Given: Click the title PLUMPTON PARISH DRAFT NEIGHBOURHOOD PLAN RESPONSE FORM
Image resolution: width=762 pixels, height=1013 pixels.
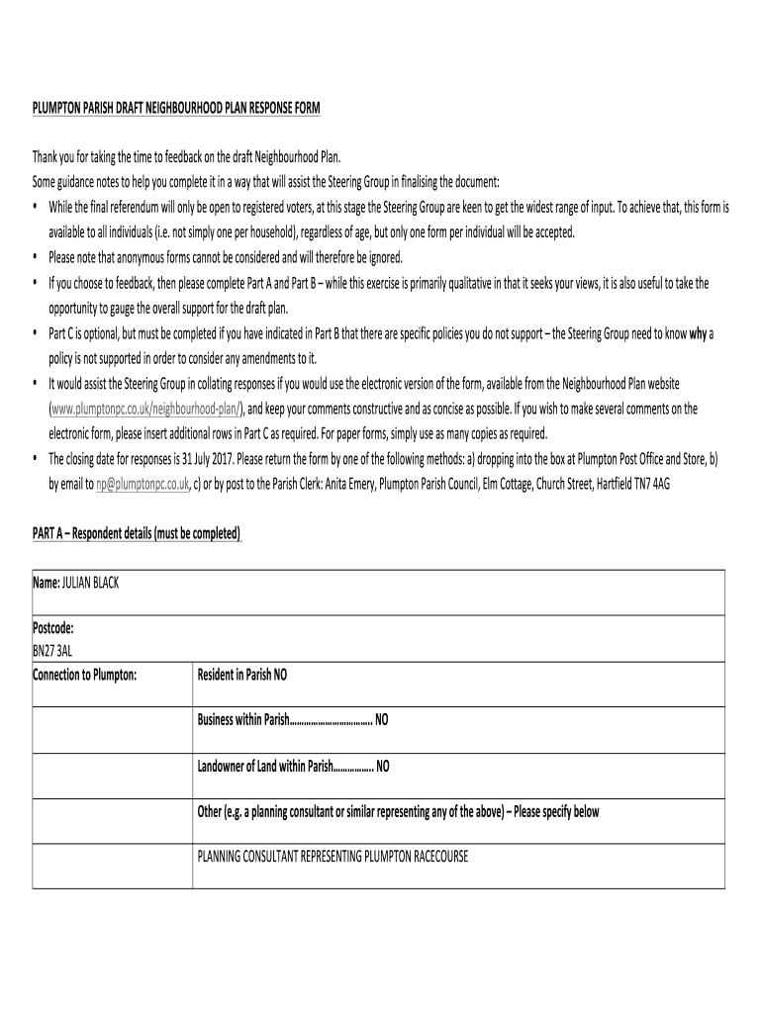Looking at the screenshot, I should (176, 107).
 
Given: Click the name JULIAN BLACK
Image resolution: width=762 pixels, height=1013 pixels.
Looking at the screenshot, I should (91, 584).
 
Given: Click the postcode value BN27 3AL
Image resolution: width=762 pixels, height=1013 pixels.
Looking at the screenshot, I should (52, 651).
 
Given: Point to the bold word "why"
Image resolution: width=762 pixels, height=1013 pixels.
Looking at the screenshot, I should (699, 332).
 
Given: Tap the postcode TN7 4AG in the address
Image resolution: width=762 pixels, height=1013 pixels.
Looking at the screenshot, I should (650, 485).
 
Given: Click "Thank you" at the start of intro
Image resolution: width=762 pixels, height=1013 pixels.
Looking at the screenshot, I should (55, 157).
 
